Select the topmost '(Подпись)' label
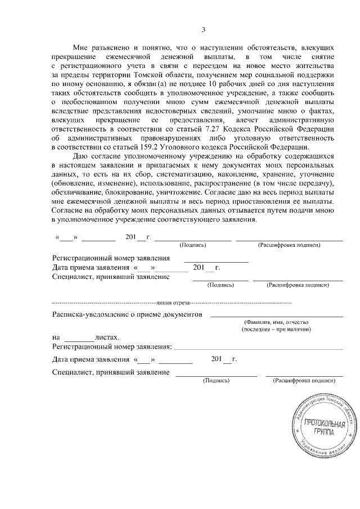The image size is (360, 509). point(192,246)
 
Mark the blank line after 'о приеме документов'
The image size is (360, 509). point(276,317)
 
